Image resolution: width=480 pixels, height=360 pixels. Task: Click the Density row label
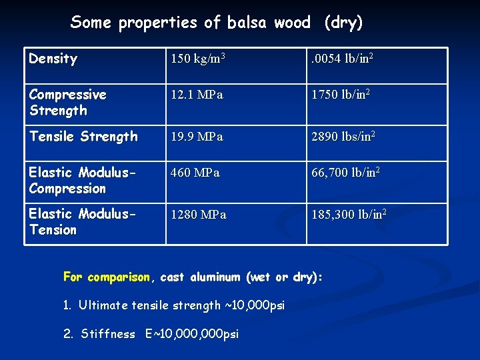(x=53, y=59)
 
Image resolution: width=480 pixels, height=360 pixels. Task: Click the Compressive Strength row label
(x=67, y=103)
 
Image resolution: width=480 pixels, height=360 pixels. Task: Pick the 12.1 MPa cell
(x=197, y=95)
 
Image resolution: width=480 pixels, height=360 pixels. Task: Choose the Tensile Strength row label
(x=83, y=137)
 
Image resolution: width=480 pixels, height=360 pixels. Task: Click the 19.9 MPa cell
(x=197, y=137)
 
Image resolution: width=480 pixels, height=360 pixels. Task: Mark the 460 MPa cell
(x=195, y=173)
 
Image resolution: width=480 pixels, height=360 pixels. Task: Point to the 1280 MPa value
(x=198, y=215)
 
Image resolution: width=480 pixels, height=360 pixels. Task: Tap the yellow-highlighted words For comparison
(x=107, y=277)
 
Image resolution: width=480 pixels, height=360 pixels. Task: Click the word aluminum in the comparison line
(x=216, y=277)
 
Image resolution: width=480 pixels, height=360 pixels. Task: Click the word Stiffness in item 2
(x=108, y=334)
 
